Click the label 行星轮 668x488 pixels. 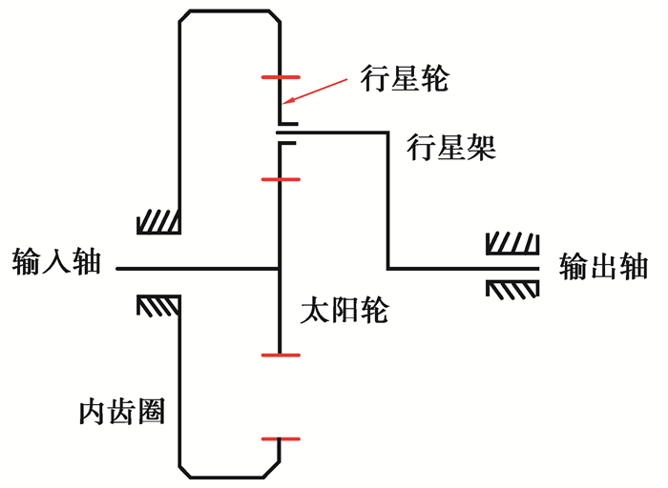[404, 78]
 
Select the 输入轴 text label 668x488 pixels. [56, 262]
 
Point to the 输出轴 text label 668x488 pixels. [604, 267]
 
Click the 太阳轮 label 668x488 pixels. [344, 311]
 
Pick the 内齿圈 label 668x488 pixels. [121, 412]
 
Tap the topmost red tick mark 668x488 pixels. [280, 75]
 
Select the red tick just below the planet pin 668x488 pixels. [280, 178]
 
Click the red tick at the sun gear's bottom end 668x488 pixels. [280, 355]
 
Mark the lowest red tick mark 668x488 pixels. [280, 439]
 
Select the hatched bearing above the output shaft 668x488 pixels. [513, 244]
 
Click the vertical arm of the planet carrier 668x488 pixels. [388, 200]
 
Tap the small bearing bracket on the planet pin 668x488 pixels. [287, 133]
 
